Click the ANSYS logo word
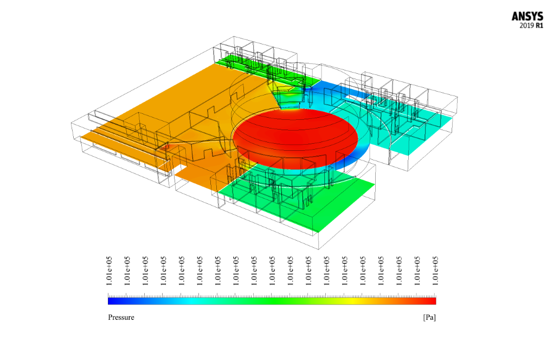pyautogui.click(x=528, y=17)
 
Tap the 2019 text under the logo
pyautogui.click(x=526, y=25)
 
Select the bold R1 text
pyautogui.click(x=539, y=25)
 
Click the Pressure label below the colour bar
pyautogui.click(x=121, y=317)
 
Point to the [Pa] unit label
pyautogui.click(x=429, y=317)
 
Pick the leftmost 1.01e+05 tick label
pyautogui.click(x=109, y=271)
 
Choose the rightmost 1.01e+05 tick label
pyautogui.click(x=435, y=271)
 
